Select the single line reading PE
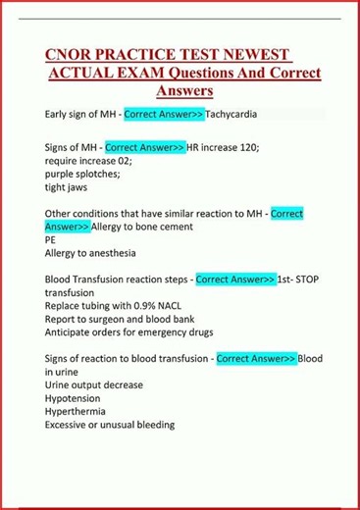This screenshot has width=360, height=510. click(51, 239)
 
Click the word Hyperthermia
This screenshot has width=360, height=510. click(78, 411)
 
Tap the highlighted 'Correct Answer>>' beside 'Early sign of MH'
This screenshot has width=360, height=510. click(164, 115)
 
